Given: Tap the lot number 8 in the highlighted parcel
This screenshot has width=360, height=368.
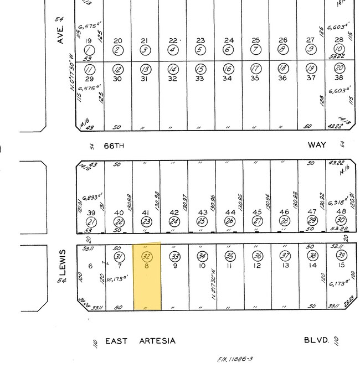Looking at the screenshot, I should tap(147, 266).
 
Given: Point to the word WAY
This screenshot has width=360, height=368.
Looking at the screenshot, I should tap(317, 144).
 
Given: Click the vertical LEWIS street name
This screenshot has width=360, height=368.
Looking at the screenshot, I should tap(62, 261).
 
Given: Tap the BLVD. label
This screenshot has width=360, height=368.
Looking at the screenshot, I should tap(316, 340).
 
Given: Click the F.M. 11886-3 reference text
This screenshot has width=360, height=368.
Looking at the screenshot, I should tap(235, 359).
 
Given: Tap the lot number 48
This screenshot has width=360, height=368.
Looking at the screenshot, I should tap(340, 212).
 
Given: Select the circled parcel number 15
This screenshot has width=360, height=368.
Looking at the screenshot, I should tap(202, 69).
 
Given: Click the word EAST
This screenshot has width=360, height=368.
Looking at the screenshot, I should tap(117, 340).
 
